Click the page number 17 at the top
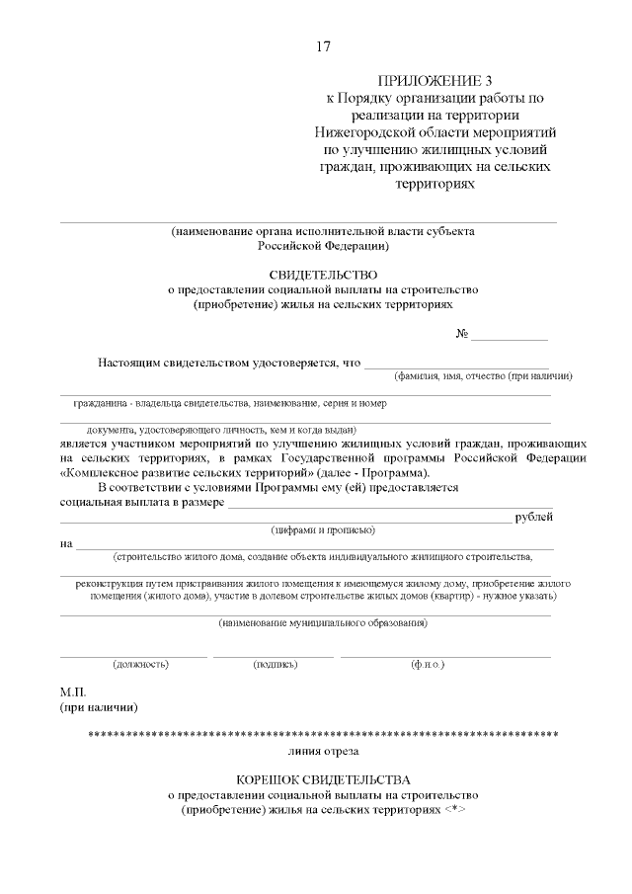click(322, 46)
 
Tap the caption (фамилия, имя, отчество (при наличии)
click(483, 376)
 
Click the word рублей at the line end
click(533, 517)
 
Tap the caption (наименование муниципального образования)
click(322, 622)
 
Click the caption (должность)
click(140, 664)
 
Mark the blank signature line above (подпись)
click(274, 655)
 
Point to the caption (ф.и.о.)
click(428, 664)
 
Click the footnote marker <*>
click(454, 809)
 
